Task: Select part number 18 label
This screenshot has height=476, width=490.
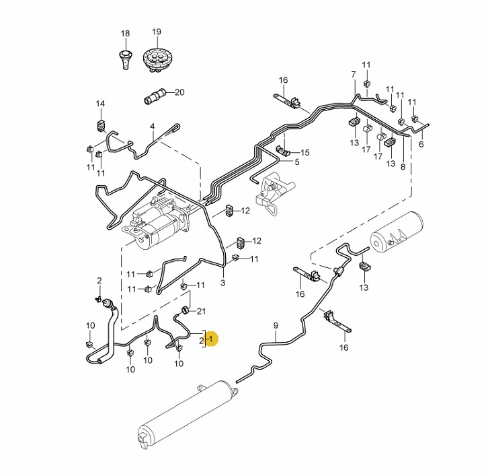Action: coord(125,33)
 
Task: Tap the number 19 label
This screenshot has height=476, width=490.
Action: coord(157,32)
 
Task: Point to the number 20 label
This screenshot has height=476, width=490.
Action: coord(179,92)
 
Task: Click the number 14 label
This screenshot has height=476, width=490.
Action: coord(100,104)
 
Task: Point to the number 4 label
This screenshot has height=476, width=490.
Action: coord(153,126)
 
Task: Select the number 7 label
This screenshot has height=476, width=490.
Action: coord(353,73)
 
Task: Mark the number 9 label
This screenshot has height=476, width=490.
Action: coord(275,326)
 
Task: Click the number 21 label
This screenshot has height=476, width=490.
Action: coord(201,310)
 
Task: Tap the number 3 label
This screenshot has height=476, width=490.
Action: coord(223,283)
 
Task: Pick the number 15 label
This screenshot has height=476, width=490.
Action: coord(304,153)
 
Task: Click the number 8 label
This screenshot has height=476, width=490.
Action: coord(403,166)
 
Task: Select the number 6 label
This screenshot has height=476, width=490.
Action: coord(421,144)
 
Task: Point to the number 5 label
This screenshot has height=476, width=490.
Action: coord(296,162)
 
